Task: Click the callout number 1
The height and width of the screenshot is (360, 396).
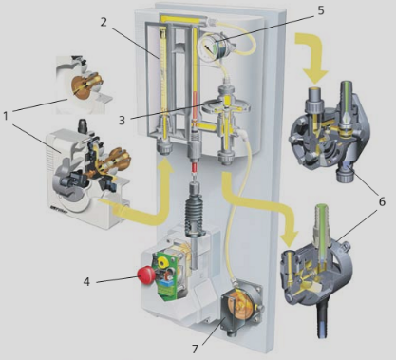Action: coord(6,116)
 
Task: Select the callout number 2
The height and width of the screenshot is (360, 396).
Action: coord(104,22)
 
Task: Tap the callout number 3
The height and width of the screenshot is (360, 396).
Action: coord(123,120)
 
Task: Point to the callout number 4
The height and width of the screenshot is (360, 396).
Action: coord(86,281)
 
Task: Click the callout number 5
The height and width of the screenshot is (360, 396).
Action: coord(321,10)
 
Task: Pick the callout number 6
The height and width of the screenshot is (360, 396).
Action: coord(382,201)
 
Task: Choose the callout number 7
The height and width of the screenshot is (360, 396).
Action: coord(195,349)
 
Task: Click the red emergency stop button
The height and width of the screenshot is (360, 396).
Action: coord(146,275)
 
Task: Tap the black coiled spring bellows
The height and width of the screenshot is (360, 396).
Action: coord(195,216)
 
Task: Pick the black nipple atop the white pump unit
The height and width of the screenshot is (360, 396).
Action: coord(83,125)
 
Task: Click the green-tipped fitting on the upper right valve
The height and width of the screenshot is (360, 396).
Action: coord(346,104)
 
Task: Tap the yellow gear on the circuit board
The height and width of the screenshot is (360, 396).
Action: coord(163,262)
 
